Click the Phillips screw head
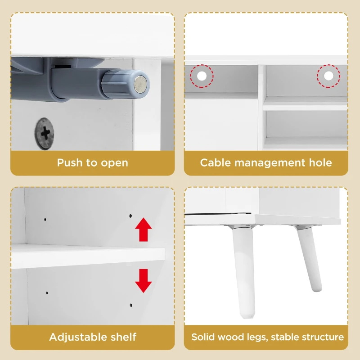[x=44, y=134]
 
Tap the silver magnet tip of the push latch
[x=140, y=85]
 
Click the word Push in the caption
[x=70, y=162]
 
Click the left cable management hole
[x=202, y=76]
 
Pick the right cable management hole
[x=328, y=76]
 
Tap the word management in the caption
[x=270, y=163]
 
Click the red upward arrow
[x=143, y=229]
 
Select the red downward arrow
[x=143, y=281]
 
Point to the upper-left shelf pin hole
[x=45, y=220]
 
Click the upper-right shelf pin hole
[x=130, y=216]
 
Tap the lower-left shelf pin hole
[x=47, y=293]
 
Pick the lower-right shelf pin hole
[x=131, y=306]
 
